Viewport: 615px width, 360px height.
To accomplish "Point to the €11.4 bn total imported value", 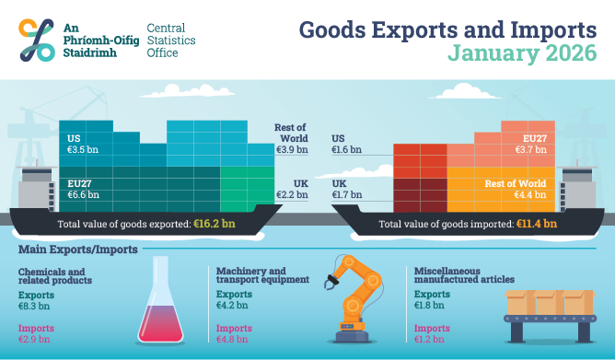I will (536, 223).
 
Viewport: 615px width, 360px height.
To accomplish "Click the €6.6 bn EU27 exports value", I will (83, 194).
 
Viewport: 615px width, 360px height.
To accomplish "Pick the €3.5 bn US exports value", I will (83, 148).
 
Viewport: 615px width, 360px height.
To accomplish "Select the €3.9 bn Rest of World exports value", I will (291, 149).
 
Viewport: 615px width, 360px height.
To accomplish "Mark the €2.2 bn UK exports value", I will (291, 194).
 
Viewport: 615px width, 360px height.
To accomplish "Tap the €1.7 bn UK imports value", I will (347, 194).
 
